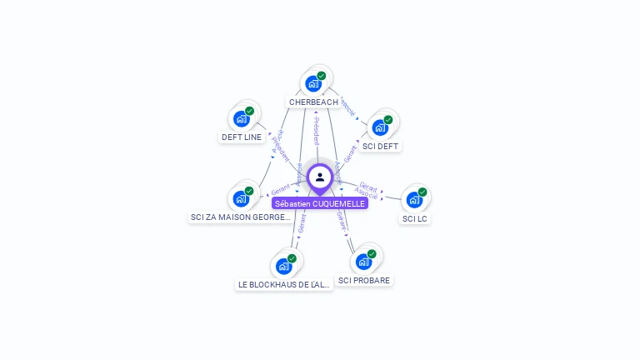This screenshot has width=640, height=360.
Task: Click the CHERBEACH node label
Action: [313, 102]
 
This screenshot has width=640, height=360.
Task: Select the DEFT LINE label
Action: [242, 137]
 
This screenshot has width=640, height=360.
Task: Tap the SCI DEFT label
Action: [381, 146]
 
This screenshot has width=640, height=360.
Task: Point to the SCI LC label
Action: [414, 218]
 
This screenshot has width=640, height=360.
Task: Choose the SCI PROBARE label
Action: [364, 280]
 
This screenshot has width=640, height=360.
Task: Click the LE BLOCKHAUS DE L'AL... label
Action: [284, 284]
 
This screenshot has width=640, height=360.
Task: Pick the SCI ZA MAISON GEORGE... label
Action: [241, 217]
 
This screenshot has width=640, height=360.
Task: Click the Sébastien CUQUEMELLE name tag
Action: [320, 203]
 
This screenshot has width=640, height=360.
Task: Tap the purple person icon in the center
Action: [320, 177]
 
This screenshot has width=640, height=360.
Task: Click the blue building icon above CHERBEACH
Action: [312, 83]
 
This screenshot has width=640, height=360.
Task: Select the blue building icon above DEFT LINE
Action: [241, 118]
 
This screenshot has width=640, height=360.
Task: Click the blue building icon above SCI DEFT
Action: [380, 127]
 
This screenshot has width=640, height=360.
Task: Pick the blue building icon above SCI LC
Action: [413, 200]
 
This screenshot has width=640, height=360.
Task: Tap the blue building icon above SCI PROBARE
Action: [363, 262]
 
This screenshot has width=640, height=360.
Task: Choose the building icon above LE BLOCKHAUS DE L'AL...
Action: [283, 266]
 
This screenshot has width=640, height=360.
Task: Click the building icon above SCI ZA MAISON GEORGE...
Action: [240, 198]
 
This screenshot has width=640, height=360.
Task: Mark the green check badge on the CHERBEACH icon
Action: [322, 76]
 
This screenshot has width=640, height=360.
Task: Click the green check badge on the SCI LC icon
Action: [422, 192]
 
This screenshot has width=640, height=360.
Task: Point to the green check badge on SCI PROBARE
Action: [372, 254]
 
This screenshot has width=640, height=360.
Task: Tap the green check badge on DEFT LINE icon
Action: [249, 111]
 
